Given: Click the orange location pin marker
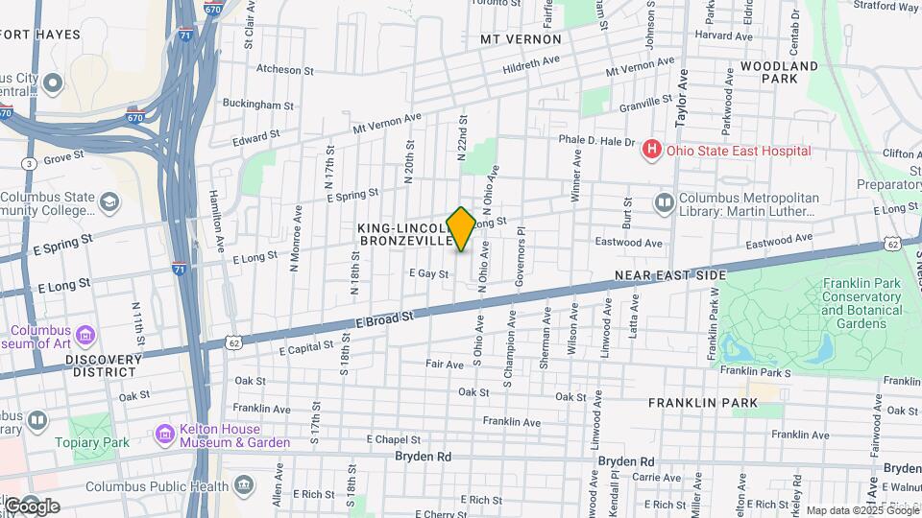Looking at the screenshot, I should click(461, 228).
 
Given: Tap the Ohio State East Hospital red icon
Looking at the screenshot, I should click(652, 150).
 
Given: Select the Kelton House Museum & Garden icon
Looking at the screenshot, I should click(164, 435).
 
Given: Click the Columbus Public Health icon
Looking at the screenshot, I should click(245, 485).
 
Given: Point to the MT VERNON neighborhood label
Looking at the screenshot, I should click(522, 39).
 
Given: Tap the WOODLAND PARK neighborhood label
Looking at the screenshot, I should click(779, 73).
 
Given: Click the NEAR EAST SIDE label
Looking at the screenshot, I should click(670, 275).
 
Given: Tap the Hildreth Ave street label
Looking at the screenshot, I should click(531, 64).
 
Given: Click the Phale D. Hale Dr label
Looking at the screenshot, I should click(597, 141).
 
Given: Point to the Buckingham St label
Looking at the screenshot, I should click(257, 104).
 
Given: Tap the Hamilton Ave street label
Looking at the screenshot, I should click(215, 221).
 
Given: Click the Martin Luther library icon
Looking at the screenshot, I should click(664, 202).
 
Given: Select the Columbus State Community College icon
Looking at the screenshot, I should click(109, 202).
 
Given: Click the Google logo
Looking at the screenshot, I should click(31, 506).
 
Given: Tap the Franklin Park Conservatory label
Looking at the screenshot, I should click(861, 304).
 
